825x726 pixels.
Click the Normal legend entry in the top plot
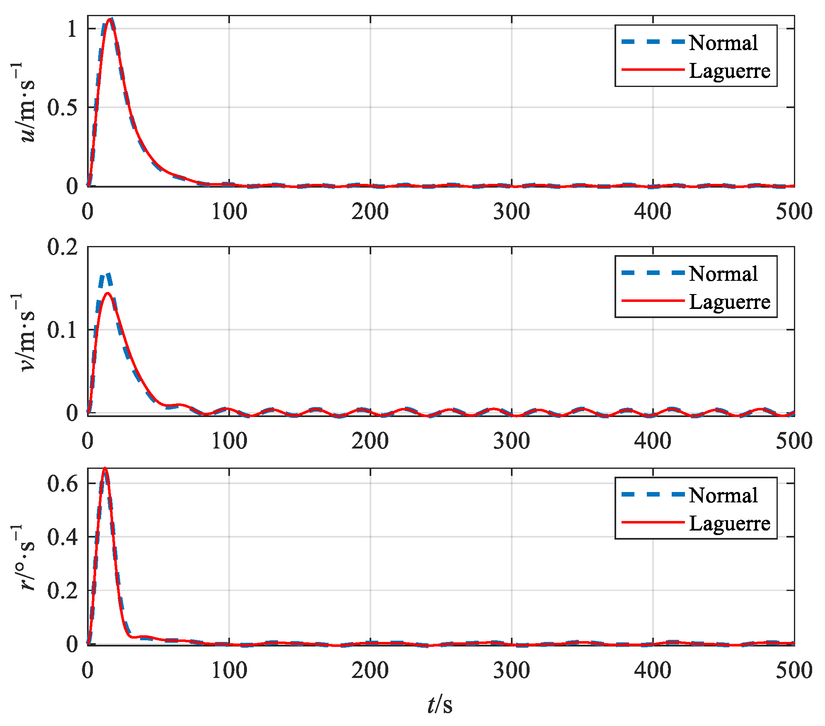[723, 43]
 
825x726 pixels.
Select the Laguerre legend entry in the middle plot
[729, 302]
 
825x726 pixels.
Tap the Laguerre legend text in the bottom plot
[729, 523]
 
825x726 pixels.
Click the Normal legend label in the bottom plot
[723, 495]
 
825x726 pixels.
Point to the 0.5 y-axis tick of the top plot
[62, 108]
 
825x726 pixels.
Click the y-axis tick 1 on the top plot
[72, 29]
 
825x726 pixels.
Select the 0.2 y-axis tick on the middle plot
[62, 247]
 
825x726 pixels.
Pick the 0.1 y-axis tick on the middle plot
[62, 330]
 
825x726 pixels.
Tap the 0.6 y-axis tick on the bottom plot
[62, 483]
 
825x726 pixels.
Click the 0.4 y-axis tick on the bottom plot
[62, 537]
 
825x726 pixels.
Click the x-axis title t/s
[440, 704]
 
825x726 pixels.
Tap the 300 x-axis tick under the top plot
[511, 212]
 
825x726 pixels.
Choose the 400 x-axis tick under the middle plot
[653, 441]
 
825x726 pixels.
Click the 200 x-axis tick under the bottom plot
[370, 670]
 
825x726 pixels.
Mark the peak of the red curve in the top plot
[110, 19]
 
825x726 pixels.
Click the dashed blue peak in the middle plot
[106, 274]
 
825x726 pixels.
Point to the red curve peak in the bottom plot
[105, 468]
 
